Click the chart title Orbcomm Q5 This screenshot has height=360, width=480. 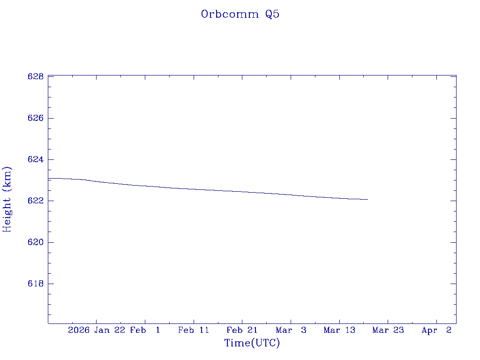(x=240, y=15)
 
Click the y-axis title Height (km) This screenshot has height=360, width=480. (x=7, y=199)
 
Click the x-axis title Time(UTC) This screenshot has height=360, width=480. (x=252, y=343)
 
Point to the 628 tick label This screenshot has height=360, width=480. (x=36, y=77)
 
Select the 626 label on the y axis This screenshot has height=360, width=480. (x=36, y=118)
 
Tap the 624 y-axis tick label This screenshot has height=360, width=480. (x=36, y=160)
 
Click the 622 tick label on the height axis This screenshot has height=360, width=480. (x=36, y=201)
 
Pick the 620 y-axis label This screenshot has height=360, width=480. (x=36, y=242)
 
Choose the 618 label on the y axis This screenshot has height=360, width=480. (x=36, y=284)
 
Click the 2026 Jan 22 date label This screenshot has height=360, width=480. (x=97, y=330)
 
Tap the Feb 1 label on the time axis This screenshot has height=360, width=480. (x=145, y=330)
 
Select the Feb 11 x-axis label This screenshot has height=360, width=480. (x=194, y=330)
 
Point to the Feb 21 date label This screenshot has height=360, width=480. (x=242, y=330)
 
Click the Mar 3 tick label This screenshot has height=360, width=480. (x=291, y=330)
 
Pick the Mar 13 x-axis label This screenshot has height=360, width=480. (x=339, y=330)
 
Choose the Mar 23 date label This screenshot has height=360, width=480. (x=388, y=330)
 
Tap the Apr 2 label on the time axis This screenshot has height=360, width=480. (x=436, y=330)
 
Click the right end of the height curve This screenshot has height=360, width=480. (x=368, y=200)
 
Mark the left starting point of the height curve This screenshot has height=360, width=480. (x=48, y=178)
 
